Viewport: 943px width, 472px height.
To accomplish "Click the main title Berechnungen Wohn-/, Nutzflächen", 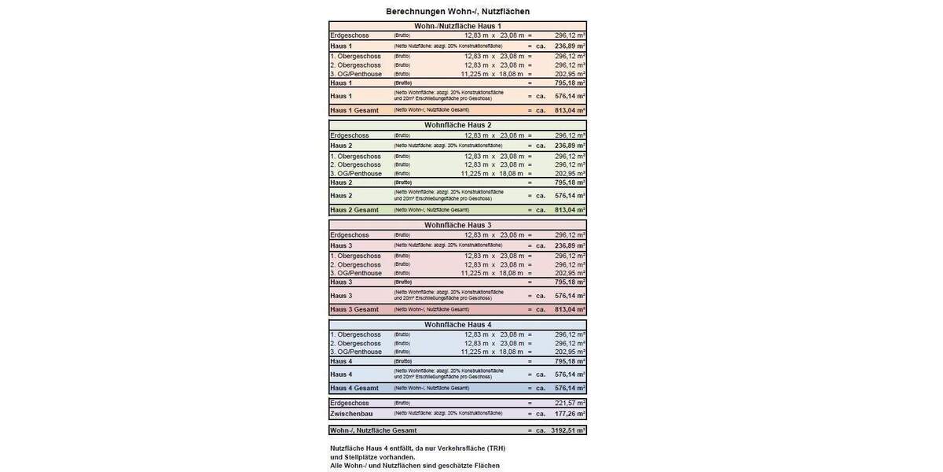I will [x=457, y=12].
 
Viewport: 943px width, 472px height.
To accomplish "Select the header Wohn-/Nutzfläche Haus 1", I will [x=457, y=26].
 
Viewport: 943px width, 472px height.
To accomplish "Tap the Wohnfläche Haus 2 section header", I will [x=457, y=125].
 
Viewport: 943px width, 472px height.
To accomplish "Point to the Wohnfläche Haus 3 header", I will [x=457, y=225].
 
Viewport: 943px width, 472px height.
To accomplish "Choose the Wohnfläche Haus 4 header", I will [x=457, y=324].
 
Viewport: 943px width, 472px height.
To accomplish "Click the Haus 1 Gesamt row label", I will [x=354, y=110].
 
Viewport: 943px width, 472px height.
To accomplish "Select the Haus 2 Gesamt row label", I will [x=354, y=210].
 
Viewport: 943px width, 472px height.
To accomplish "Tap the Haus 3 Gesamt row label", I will [x=354, y=309].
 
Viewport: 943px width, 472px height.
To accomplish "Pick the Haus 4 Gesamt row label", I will [x=354, y=388].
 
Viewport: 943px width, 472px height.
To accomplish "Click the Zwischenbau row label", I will [x=351, y=413].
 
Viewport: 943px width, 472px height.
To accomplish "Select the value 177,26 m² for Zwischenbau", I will [x=570, y=413].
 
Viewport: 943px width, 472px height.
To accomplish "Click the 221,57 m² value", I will [x=570, y=403].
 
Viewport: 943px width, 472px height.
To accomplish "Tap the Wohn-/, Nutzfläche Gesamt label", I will [x=373, y=430].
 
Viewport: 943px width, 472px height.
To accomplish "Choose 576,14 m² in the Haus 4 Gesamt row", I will [x=570, y=388].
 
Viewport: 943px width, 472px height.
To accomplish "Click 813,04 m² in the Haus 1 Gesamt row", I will [x=570, y=110].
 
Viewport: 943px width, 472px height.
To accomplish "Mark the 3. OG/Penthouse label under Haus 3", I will [x=356, y=273].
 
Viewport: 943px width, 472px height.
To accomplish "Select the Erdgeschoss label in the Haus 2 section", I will [x=350, y=135].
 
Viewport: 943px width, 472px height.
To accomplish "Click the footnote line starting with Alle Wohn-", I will [x=414, y=466].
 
